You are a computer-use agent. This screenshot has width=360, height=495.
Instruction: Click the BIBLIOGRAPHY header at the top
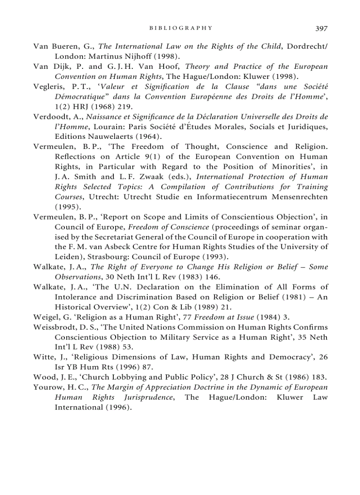[181, 28]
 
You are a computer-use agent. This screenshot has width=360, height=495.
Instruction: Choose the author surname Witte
[43, 357]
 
